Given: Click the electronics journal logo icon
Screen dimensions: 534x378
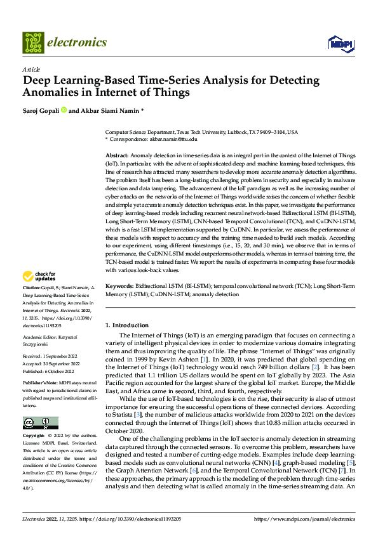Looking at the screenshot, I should coord(32,42).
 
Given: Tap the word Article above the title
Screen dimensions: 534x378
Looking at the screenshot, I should coord(30,68).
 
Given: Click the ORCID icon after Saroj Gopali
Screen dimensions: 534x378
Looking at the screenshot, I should coord(64,110).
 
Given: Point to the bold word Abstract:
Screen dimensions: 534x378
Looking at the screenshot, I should coord(117,155).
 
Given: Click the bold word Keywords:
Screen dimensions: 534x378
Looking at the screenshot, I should coord(119,287).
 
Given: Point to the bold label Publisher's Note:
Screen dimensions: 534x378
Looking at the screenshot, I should coord(41,384).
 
